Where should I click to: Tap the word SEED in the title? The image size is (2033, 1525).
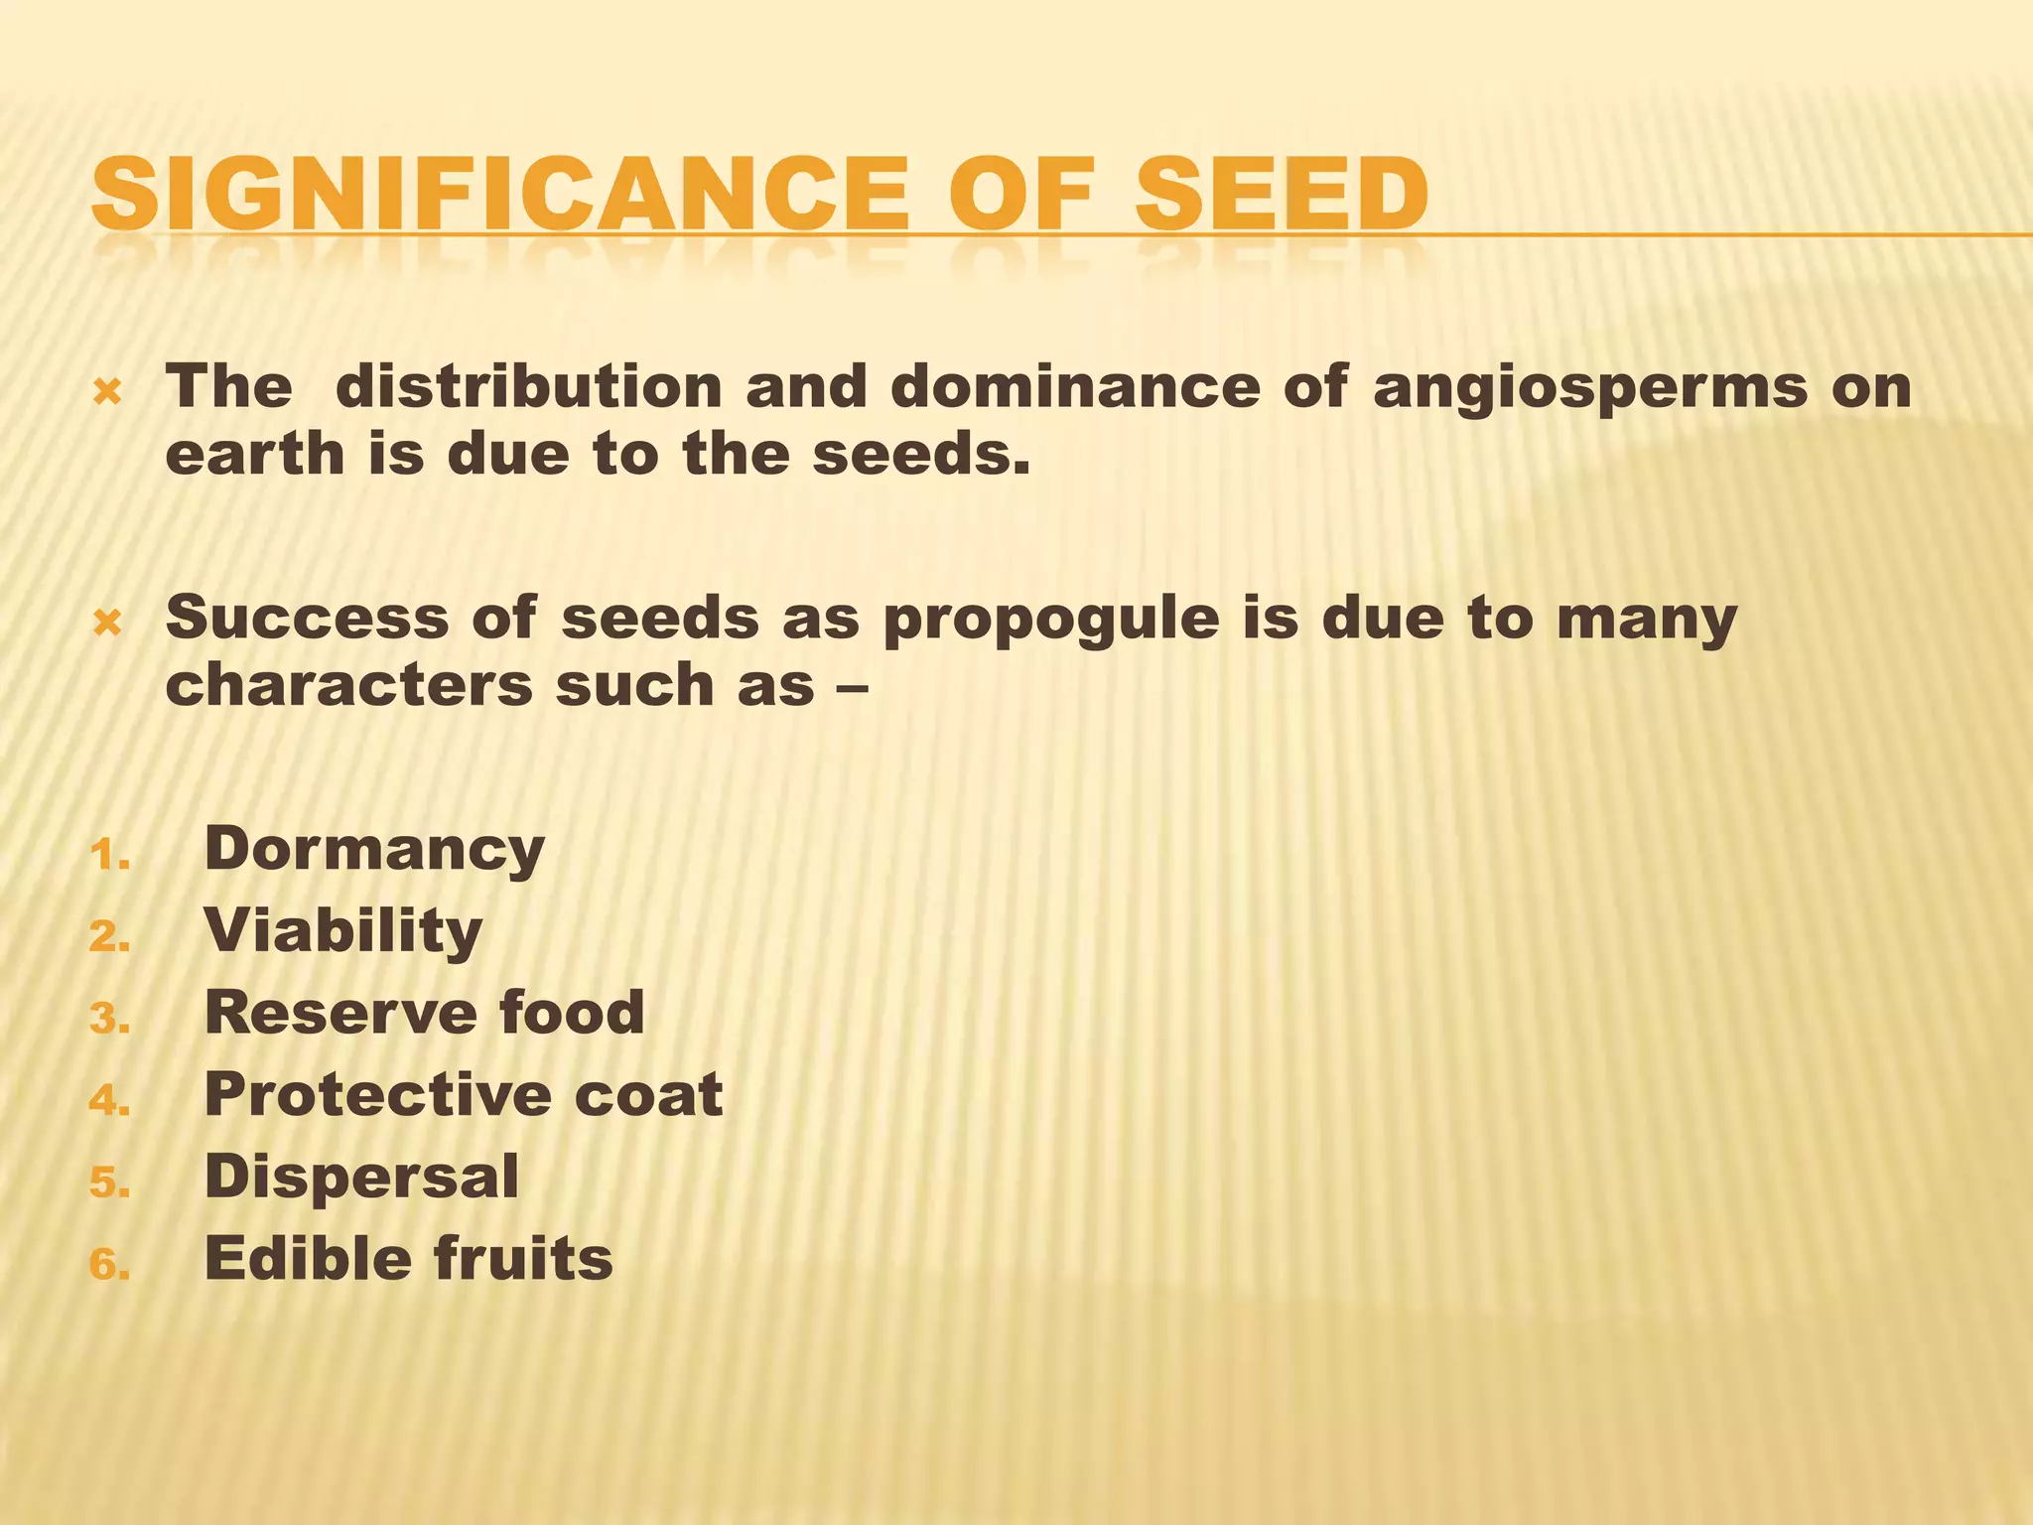(1281, 194)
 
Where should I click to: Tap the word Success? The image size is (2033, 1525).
(307, 617)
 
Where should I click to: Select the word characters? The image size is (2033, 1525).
(348, 685)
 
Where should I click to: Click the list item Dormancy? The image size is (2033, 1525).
(374, 851)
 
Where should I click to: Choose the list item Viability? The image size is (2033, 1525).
(342, 932)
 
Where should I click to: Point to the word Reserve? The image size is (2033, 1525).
(339, 1013)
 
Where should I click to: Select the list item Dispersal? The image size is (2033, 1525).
(361, 1178)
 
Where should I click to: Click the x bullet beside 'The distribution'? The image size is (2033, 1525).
(107, 393)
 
